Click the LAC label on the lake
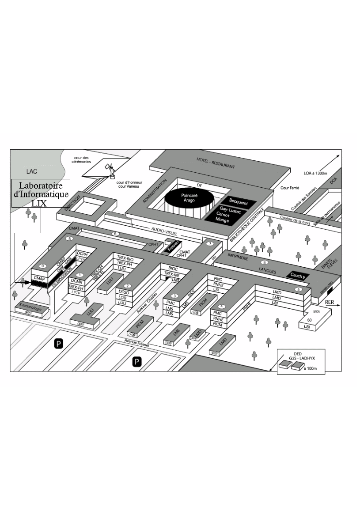point(32,170)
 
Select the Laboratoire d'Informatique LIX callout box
point(40,193)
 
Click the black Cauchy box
point(298,276)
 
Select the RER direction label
point(330,302)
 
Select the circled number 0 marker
point(42,266)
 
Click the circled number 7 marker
point(210,244)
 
